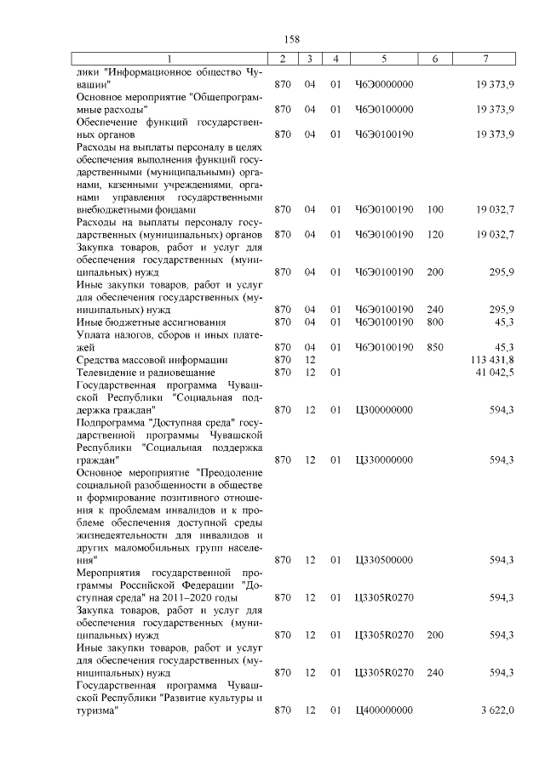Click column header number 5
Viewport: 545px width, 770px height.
384,58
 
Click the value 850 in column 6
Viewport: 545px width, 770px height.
435,347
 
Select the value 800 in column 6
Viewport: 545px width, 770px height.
435,322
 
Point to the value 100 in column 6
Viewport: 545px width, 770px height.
435,209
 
